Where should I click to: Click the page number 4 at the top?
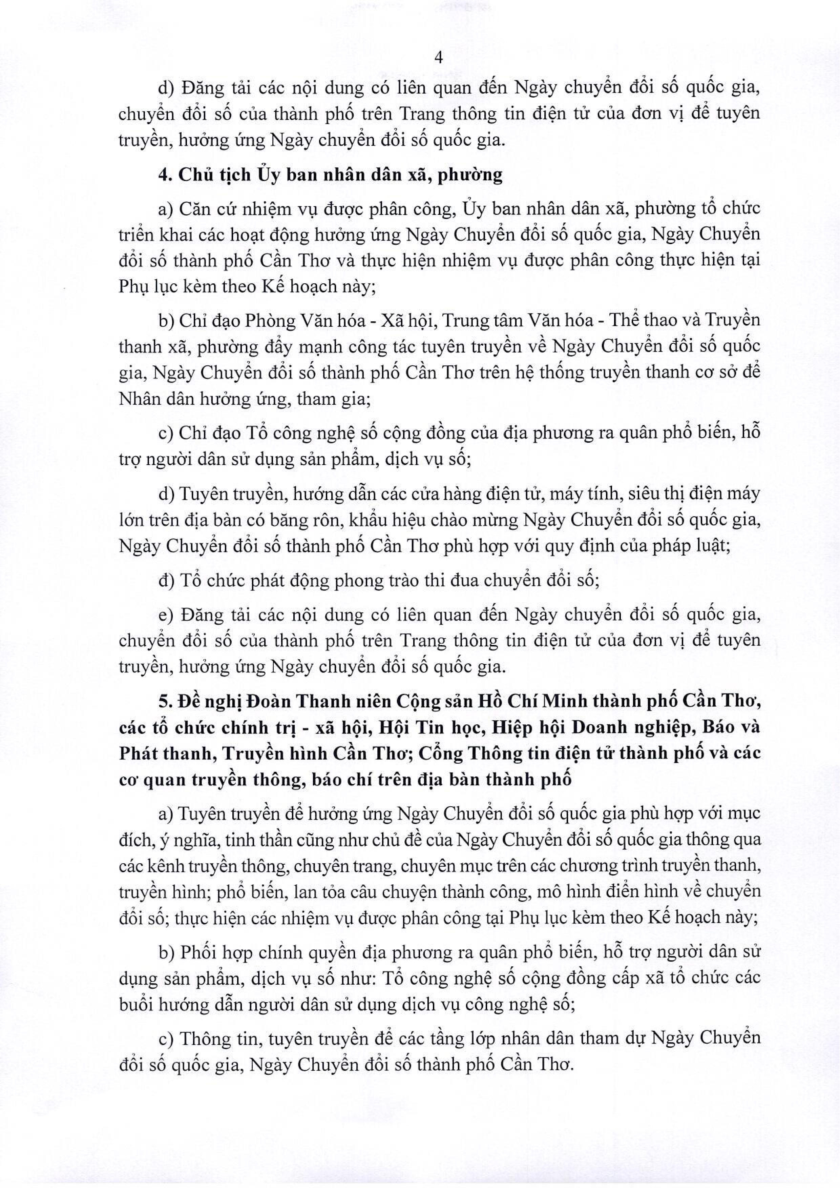tap(439, 58)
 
